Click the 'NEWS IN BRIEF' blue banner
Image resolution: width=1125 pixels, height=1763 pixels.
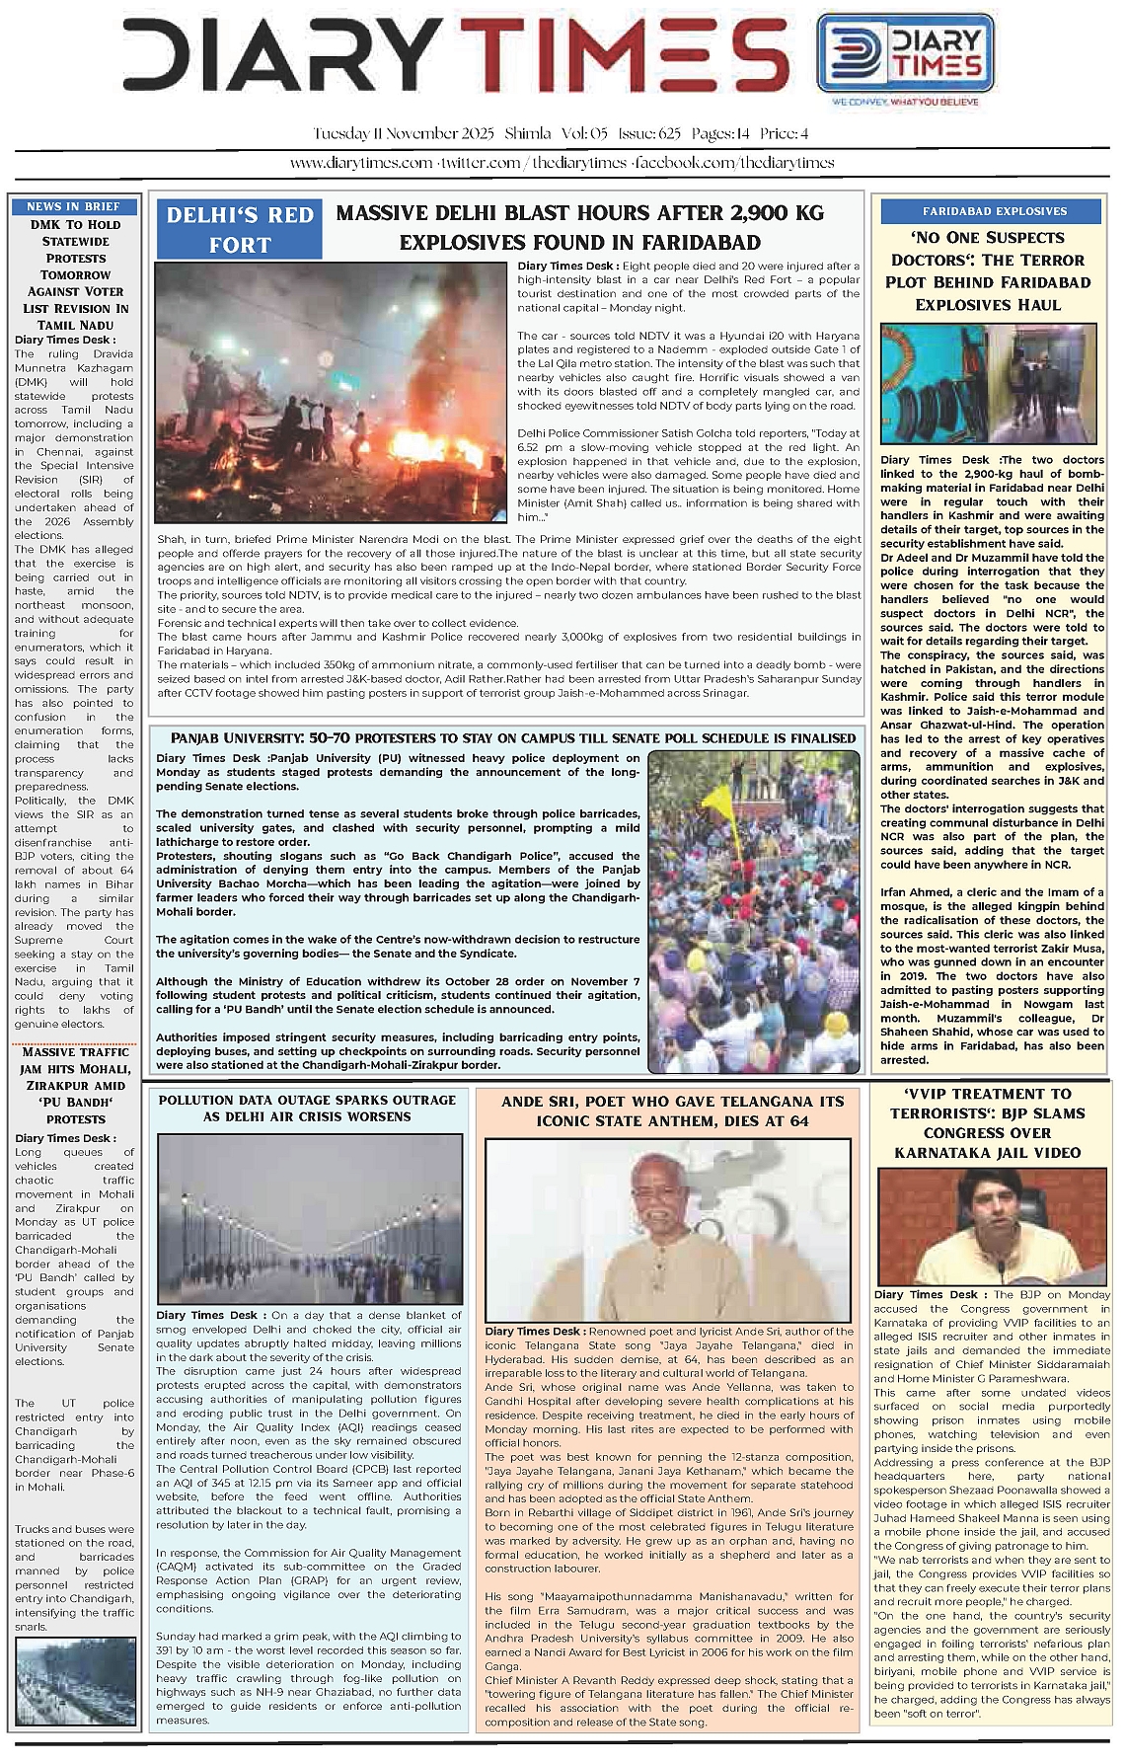point(74,206)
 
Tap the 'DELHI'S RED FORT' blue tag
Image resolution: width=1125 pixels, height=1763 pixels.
point(240,229)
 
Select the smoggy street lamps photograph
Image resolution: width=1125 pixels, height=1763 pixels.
point(309,1219)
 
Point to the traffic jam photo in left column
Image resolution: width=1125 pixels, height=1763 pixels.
point(75,1681)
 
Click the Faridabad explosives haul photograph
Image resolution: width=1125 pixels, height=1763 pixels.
point(988,384)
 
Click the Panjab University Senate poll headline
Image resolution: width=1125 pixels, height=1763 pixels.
point(512,738)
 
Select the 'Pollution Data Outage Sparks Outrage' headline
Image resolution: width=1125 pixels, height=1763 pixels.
point(307,1108)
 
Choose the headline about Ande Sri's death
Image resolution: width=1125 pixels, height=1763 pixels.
point(673,1111)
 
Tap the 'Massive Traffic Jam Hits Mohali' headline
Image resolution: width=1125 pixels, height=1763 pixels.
point(76,1085)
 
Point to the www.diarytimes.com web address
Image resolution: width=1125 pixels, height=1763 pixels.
point(360,163)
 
